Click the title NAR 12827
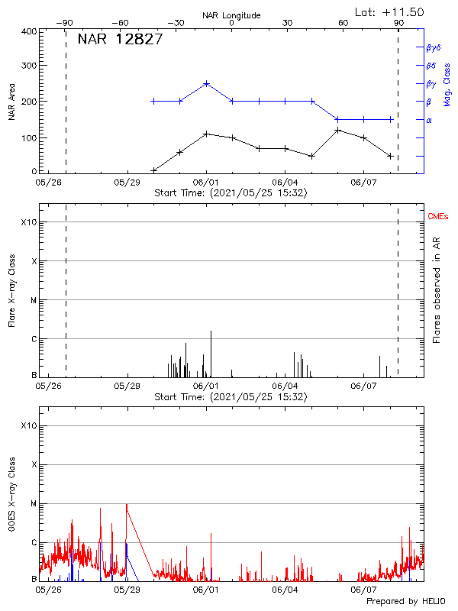tap(119, 40)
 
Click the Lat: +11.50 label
tap(389, 12)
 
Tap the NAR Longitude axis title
tap(231, 15)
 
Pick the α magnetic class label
tap(429, 120)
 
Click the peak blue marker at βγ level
tap(206, 83)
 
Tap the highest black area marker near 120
tap(337, 130)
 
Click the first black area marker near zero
tap(154, 170)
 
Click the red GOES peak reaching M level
tap(127, 505)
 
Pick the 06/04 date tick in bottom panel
tap(285, 590)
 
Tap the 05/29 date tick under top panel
tap(127, 183)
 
